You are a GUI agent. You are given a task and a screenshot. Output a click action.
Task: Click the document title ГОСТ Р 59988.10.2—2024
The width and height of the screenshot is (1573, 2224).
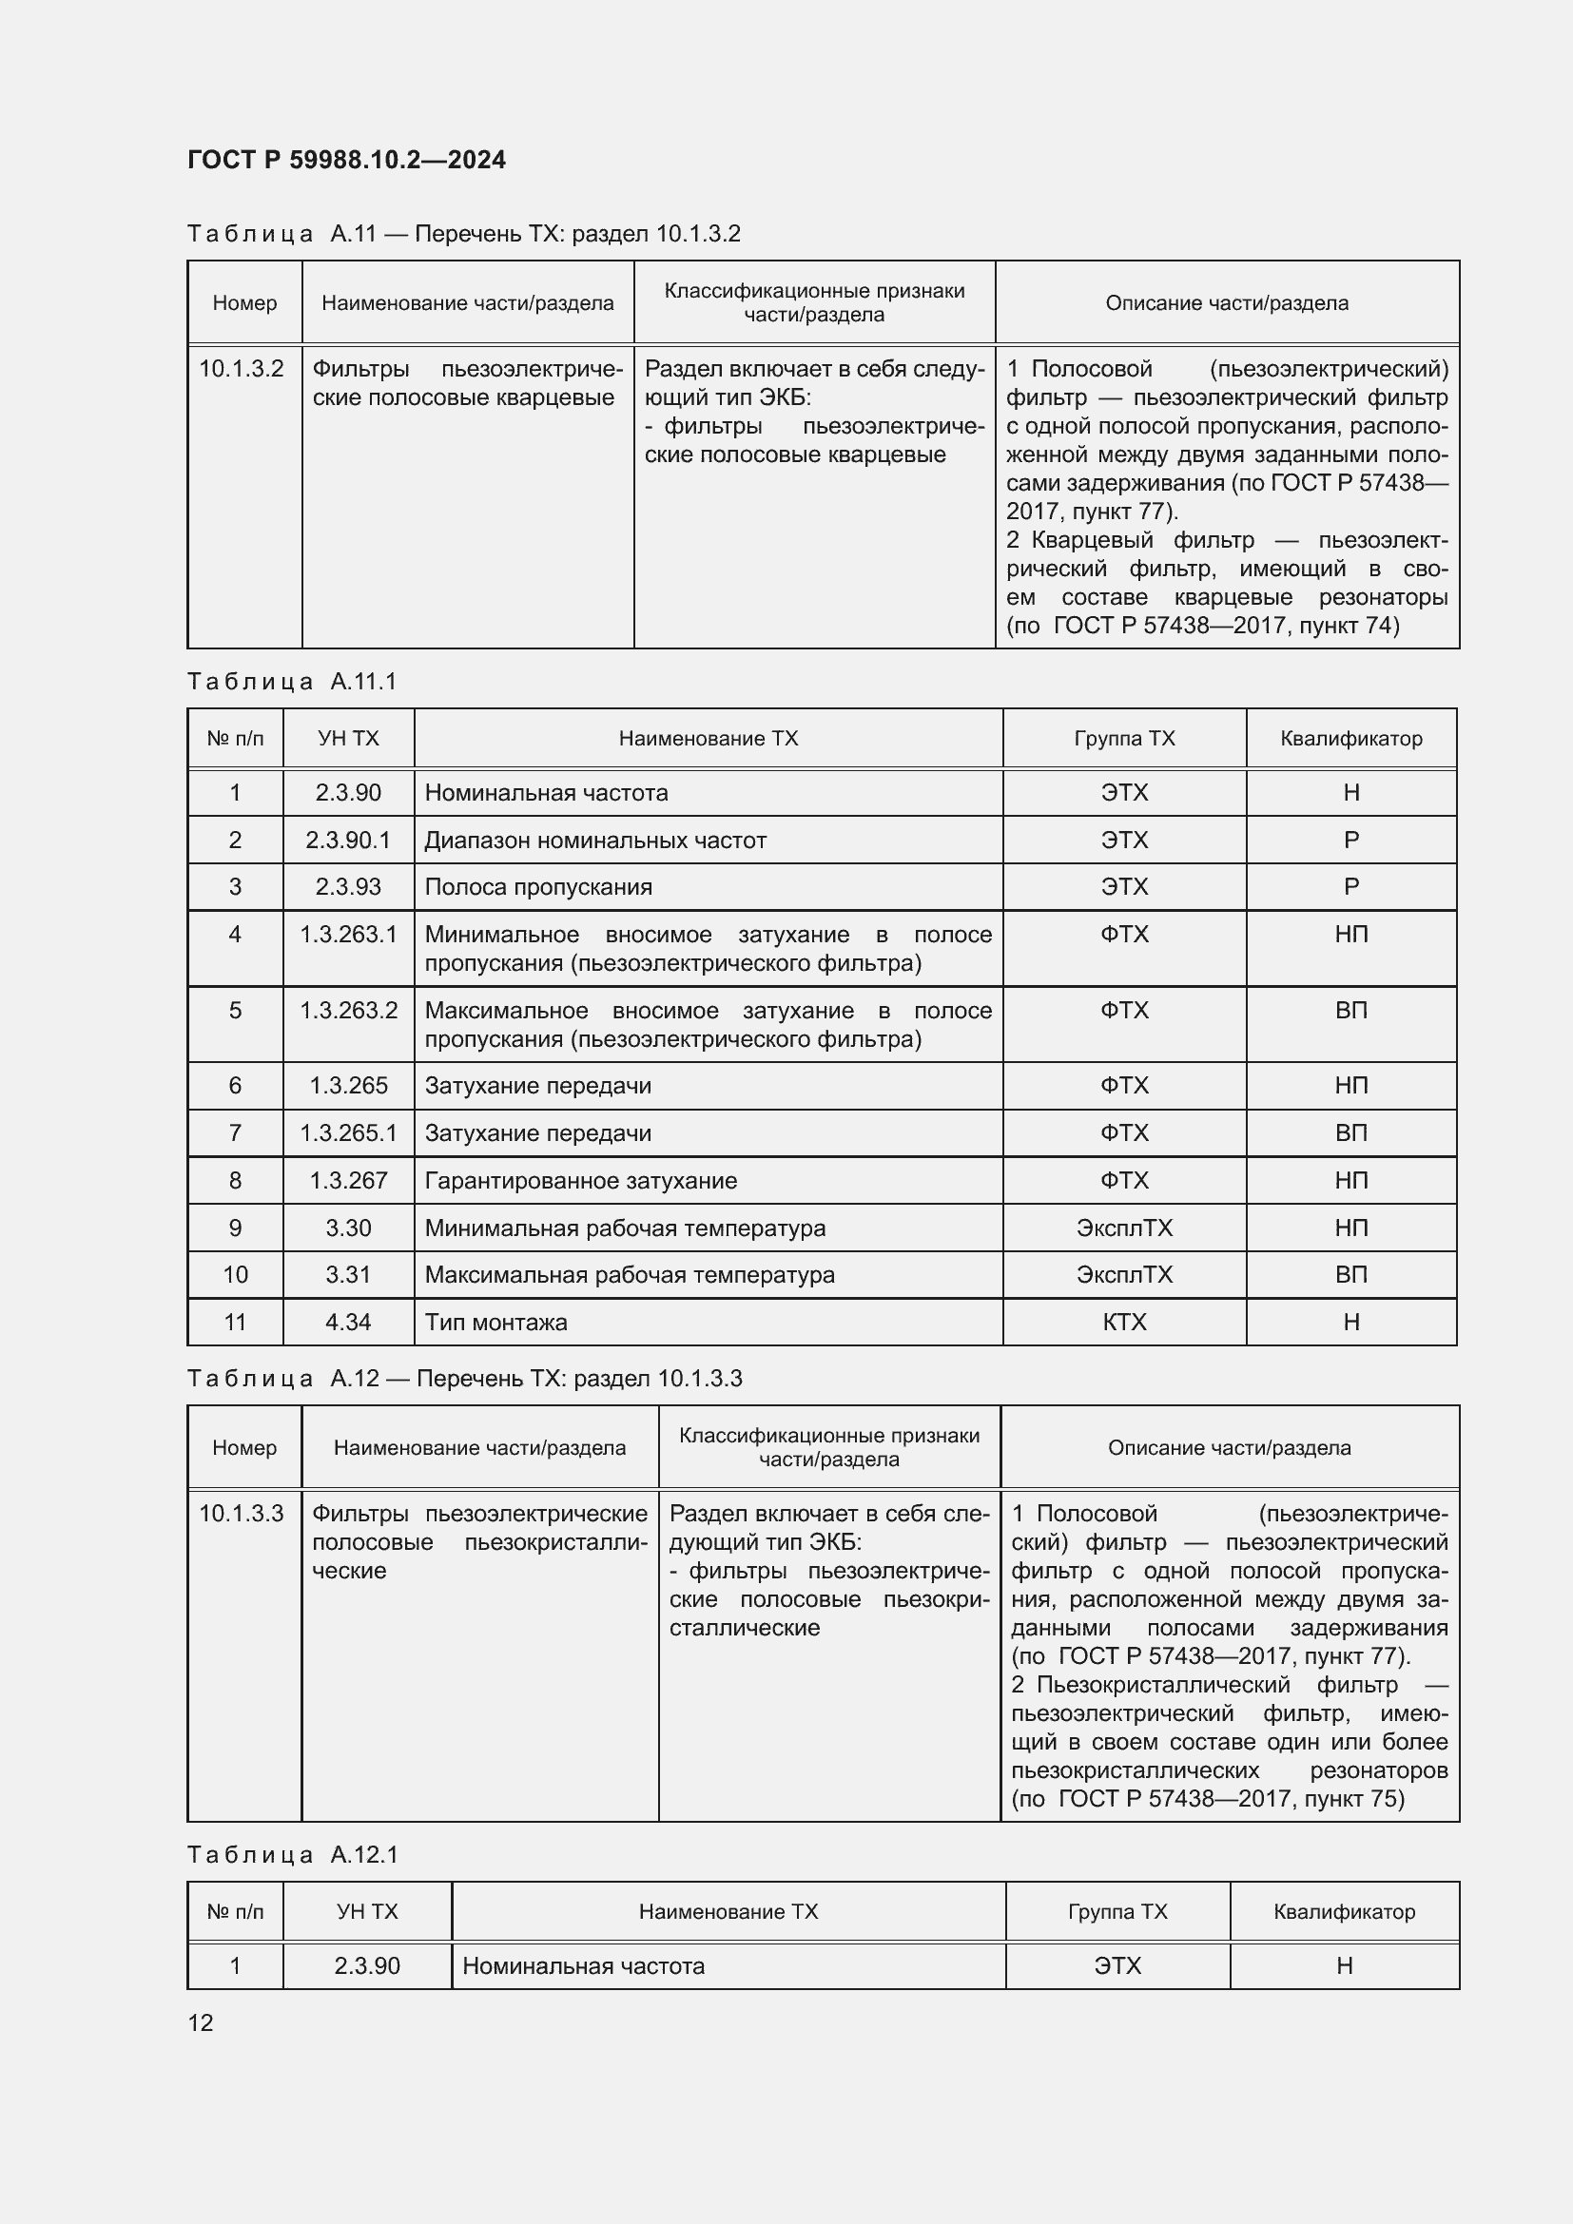346,160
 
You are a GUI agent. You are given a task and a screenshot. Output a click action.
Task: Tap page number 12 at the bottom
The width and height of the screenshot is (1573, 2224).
201,2022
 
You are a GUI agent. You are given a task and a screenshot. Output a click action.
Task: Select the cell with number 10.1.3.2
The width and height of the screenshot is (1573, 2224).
242,369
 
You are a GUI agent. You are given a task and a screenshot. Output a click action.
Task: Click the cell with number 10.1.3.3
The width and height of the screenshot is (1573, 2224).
242,1513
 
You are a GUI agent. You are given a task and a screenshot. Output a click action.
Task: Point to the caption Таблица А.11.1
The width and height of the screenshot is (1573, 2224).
292,682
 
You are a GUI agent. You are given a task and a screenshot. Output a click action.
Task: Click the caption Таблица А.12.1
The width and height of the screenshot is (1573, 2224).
292,1855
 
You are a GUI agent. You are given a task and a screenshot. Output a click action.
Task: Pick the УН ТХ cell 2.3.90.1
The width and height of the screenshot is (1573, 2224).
348,840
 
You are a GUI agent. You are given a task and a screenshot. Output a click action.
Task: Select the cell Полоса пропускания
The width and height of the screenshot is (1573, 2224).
537,887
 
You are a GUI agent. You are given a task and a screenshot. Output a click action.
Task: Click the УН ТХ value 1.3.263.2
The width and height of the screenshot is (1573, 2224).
348,1011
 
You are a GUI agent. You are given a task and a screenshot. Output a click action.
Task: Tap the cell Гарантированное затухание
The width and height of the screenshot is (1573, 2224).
580,1181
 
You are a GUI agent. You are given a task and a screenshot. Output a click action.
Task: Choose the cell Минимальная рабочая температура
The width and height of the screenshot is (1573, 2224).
625,1228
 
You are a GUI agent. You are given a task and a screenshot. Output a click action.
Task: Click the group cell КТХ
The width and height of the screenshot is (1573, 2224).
1123,1323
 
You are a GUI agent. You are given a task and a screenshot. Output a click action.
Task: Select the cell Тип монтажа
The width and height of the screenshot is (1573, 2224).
495,1323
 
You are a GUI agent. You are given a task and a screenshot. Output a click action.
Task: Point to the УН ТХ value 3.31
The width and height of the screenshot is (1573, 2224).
348,1275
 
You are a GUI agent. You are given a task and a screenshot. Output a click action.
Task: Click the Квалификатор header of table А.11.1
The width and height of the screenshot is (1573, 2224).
1350,739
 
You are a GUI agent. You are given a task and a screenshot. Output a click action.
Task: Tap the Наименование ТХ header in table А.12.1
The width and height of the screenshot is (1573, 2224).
728,1912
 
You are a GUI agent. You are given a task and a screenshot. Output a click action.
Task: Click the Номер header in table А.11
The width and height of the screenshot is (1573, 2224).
244,303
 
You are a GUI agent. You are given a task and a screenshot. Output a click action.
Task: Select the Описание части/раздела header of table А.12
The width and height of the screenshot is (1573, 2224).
1228,1448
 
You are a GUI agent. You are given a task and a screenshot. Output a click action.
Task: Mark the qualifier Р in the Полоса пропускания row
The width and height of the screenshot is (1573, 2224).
1350,887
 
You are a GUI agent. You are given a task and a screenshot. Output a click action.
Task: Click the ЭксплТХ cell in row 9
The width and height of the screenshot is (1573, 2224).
1123,1228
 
